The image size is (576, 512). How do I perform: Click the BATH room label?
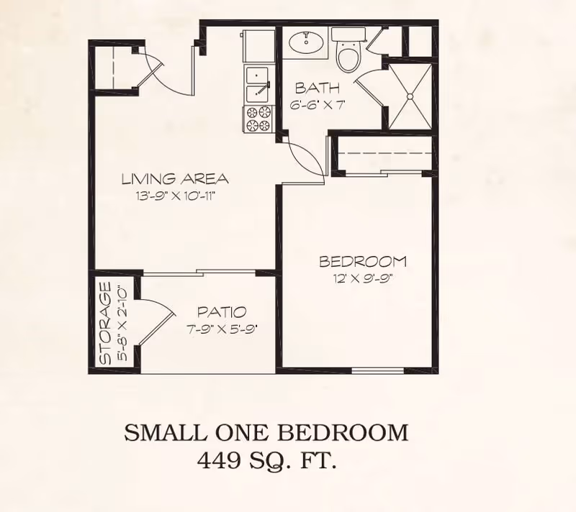pyautogui.click(x=317, y=89)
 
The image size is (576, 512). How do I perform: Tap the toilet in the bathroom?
pyautogui.click(x=348, y=55)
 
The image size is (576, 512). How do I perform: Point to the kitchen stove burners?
pyautogui.click(x=259, y=119)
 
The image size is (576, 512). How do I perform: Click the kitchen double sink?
pyautogui.click(x=258, y=85)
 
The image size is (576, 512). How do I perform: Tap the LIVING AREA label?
pyautogui.click(x=174, y=179)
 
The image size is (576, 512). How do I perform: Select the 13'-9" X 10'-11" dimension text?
pyautogui.click(x=174, y=194)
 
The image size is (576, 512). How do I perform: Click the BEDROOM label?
pyautogui.click(x=363, y=261)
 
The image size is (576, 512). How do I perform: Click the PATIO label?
pyautogui.click(x=222, y=312)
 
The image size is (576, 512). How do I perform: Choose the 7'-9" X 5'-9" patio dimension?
pyautogui.click(x=222, y=329)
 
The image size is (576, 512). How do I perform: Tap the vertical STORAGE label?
pyautogui.click(x=106, y=323)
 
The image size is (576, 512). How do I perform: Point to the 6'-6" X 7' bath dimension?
pyautogui.click(x=318, y=105)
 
